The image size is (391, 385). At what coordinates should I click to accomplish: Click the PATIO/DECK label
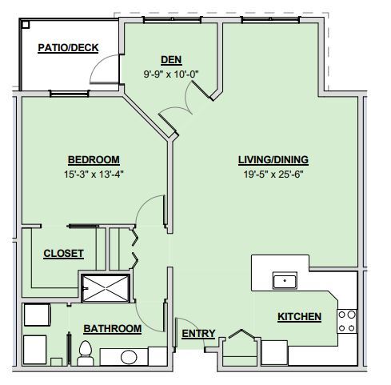point(68,48)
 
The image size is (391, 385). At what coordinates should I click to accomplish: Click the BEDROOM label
point(94,158)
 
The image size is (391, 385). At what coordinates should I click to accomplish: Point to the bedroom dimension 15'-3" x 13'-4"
point(94,173)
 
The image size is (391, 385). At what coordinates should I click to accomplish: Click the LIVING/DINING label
point(273,158)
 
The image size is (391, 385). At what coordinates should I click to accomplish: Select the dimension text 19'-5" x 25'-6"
point(273,173)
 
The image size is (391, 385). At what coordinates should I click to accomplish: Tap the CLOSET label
point(63,254)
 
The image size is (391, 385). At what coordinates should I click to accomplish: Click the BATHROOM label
point(112,328)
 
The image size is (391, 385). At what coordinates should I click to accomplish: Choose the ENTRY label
point(197,333)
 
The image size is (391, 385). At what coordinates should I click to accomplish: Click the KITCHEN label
point(299,317)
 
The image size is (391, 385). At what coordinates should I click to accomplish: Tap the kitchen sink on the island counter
point(285,280)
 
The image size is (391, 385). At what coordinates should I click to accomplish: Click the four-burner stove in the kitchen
point(346,321)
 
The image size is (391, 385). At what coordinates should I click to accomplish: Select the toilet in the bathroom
point(85,350)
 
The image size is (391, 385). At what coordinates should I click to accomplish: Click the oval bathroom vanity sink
point(128,357)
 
